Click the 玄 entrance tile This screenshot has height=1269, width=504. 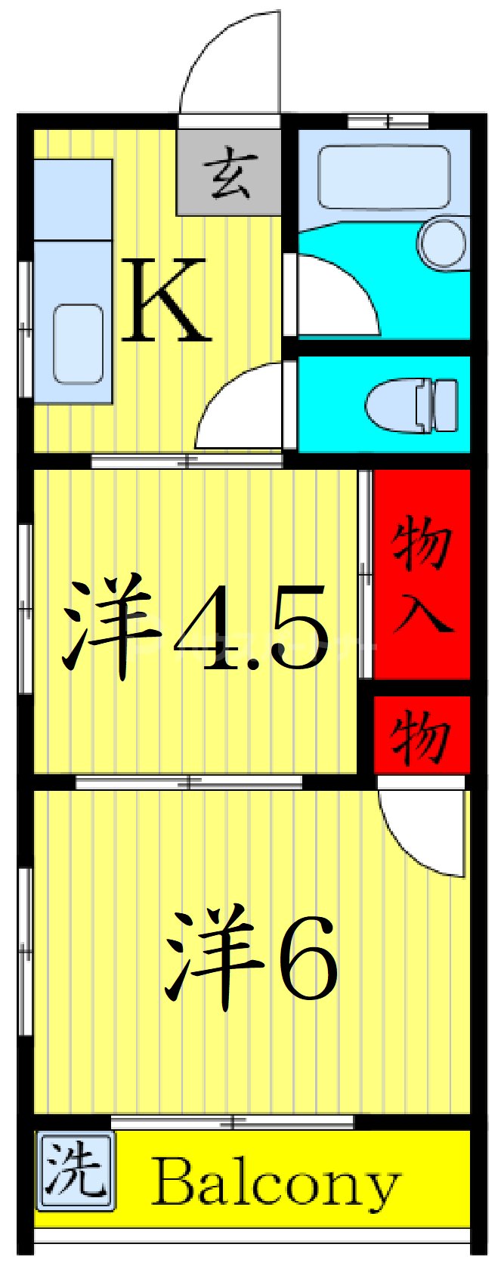click(229, 173)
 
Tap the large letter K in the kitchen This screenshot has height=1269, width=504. click(165, 300)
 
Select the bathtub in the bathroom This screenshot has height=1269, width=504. click(383, 176)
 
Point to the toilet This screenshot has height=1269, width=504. click(412, 404)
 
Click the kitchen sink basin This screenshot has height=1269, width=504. click(78, 344)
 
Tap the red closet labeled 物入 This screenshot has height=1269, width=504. click(422, 574)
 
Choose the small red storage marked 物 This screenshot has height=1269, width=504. click(422, 735)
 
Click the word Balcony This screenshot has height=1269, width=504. click(276, 1184)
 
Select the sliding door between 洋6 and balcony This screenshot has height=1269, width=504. click(232, 1121)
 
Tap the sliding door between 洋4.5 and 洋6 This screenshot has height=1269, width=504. click(189, 782)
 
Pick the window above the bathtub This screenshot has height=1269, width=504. click(388, 120)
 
